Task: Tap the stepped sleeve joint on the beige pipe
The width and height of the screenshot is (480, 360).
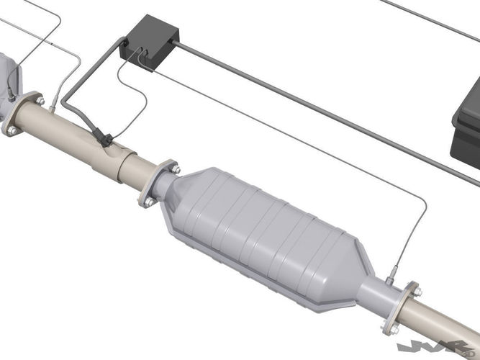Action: coord(130,162)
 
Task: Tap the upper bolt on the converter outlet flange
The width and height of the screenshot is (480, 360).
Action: coord(416,292)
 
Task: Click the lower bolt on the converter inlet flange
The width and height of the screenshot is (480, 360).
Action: coord(148,202)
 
